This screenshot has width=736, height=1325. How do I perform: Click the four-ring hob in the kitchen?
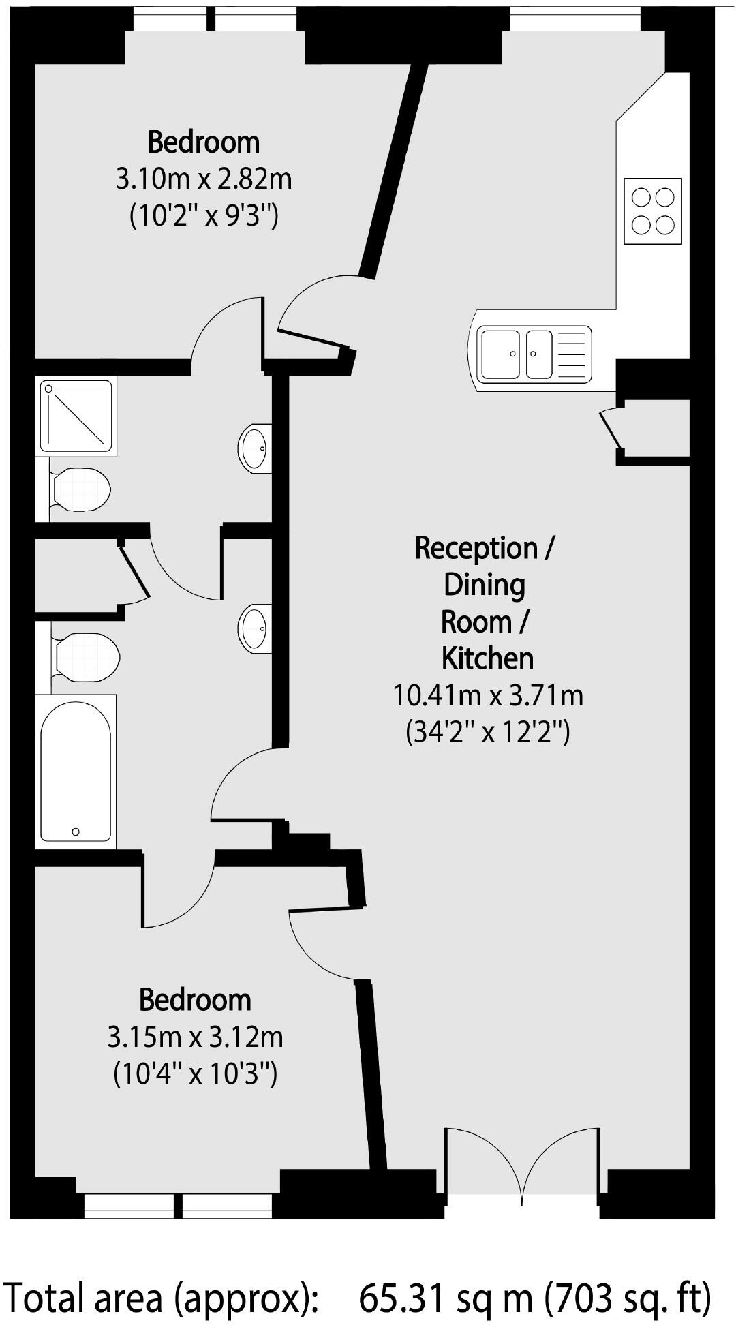click(x=653, y=211)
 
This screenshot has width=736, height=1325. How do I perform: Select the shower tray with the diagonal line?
click(x=76, y=416)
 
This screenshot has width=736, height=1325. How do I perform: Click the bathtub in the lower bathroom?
click(x=75, y=772)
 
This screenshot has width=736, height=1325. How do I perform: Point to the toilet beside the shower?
click(x=80, y=489)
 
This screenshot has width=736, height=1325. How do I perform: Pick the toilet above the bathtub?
click(x=86, y=656)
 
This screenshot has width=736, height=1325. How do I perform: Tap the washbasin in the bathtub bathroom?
click(x=254, y=628)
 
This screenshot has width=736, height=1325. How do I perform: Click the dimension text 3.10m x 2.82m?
click(x=204, y=180)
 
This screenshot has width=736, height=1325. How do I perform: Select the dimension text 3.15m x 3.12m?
click(x=195, y=1037)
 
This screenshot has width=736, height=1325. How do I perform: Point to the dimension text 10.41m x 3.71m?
click(x=488, y=696)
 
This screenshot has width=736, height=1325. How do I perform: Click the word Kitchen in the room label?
click(x=487, y=658)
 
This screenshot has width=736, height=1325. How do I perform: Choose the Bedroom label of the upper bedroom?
click(x=204, y=142)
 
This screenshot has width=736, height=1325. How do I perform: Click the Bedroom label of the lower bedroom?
click(x=195, y=1000)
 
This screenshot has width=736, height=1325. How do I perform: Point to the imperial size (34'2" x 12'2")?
click(x=488, y=733)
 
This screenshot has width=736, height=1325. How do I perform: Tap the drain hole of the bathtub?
click(x=76, y=832)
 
